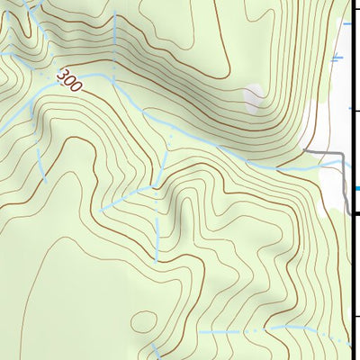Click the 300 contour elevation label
click(69, 81)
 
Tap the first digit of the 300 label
click(61, 75)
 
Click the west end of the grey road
click(305, 149)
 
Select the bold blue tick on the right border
click(356, 188)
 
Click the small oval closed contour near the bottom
click(142, 319)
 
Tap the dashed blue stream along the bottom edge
click(270, 330)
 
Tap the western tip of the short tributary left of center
click(101, 211)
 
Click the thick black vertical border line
click(352, 270)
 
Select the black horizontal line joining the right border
click(356, 213)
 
